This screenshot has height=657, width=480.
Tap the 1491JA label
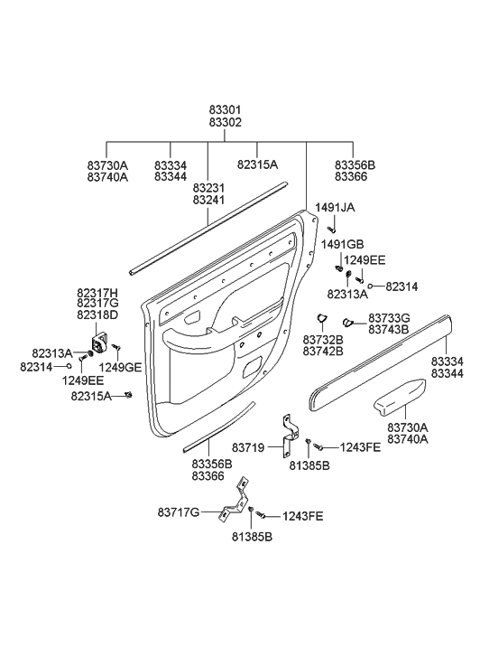pyautogui.click(x=335, y=207)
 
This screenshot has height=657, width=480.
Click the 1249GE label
pyautogui.click(x=120, y=367)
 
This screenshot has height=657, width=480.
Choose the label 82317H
pyautogui.click(x=97, y=293)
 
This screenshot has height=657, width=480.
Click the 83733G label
pyautogui.click(x=389, y=318)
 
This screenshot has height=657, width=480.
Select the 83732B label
pyautogui.click(x=323, y=338)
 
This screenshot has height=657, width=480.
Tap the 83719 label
pyautogui.click(x=248, y=448)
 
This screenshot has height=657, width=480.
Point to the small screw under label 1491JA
pyautogui.click(x=333, y=229)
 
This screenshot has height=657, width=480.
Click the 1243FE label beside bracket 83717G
pyautogui.click(x=302, y=516)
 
